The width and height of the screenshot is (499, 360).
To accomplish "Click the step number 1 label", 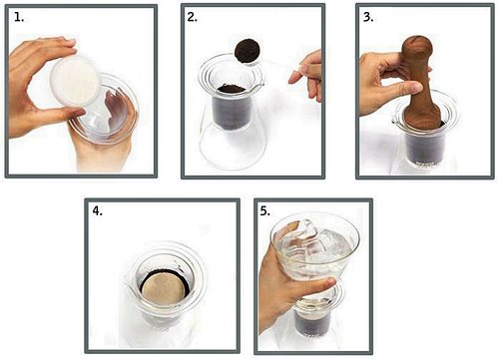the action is (19, 17).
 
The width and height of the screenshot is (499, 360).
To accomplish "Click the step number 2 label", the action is (192, 17).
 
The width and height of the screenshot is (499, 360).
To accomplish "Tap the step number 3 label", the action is (368, 17).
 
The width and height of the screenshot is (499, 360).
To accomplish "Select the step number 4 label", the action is (97, 210).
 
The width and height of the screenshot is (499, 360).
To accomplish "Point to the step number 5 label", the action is (265, 210).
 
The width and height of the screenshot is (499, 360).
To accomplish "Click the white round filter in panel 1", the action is (75, 82).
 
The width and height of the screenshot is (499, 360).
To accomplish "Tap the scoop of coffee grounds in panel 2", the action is (248, 51).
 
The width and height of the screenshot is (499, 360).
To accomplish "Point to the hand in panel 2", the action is (306, 76).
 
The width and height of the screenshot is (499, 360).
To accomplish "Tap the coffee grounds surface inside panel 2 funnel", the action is (232, 89).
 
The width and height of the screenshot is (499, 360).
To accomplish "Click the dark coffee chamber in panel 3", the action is (425, 147).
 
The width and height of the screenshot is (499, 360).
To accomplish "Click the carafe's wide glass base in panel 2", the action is (233, 147).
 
